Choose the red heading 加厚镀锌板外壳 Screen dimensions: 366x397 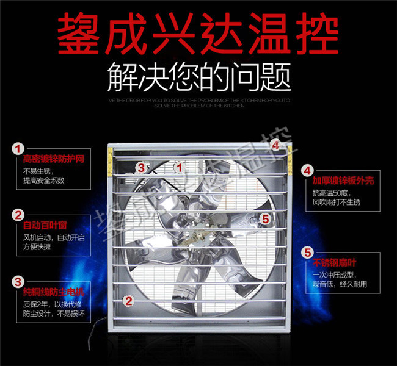click(x=341, y=181)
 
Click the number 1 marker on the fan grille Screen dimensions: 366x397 click(x=180, y=166)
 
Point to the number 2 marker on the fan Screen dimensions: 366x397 click(x=128, y=300)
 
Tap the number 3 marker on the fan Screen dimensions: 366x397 click(x=140, y=166)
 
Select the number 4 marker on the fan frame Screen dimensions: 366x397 click(x=275, y=145)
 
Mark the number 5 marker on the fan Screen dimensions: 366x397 click(x=265, y=218)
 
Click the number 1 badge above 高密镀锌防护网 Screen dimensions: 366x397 click(x=19, y=148)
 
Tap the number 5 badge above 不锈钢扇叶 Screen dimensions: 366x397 click(x=307, y=252)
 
